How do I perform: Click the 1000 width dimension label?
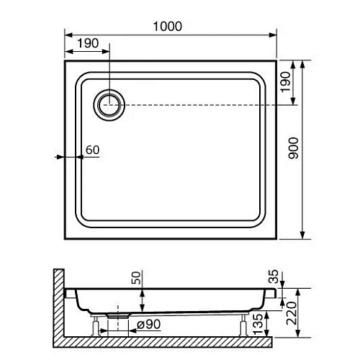167,25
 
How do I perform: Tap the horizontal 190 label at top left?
87,44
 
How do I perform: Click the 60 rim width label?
92,150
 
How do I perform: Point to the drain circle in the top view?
110,105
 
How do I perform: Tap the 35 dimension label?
271,276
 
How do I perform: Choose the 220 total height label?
292,311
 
